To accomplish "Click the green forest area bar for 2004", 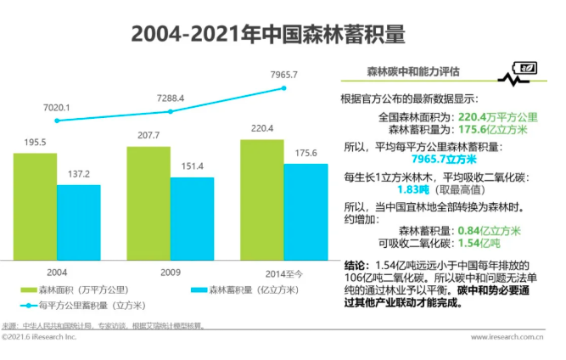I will pos(35,206).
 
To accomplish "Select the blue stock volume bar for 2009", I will pos(192,218).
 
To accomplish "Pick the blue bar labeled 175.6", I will pos(305,211).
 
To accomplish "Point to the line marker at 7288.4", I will pos(171,111).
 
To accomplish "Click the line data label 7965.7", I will pos(283,75).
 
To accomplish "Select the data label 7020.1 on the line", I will pos(56,108).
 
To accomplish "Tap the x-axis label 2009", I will pos(171,273).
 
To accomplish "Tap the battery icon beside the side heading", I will pos(527,69).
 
